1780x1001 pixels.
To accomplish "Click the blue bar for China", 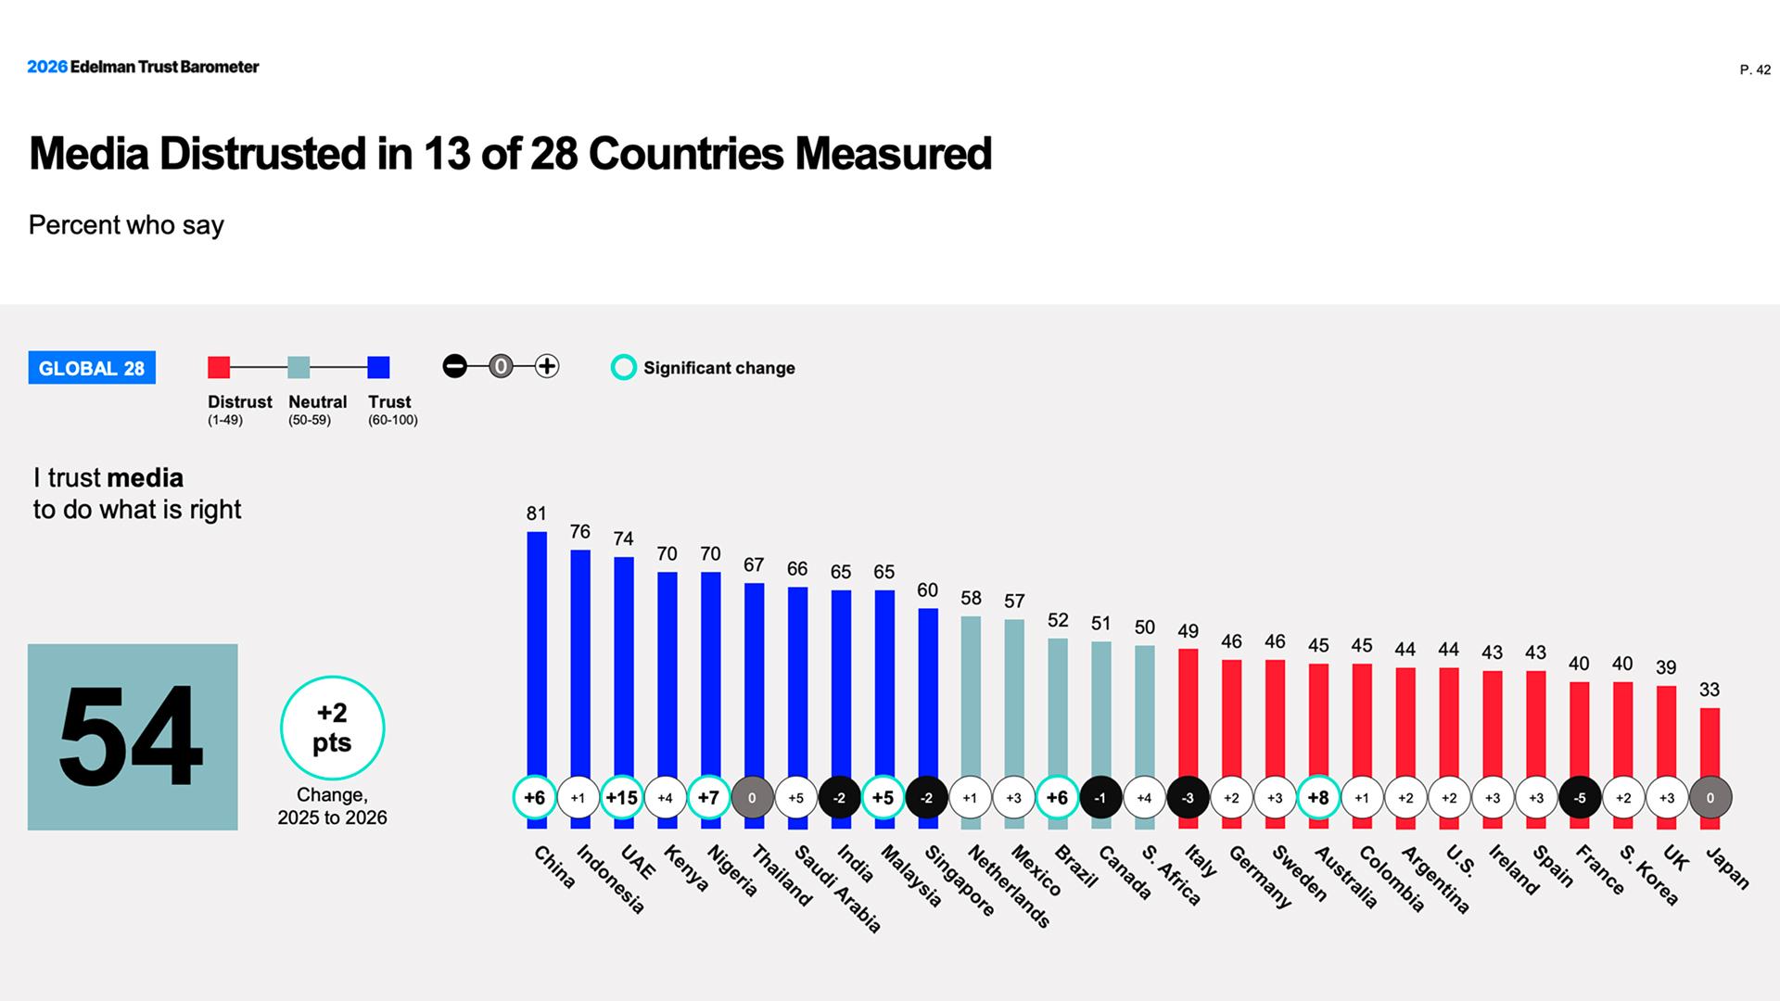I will coord(537,649).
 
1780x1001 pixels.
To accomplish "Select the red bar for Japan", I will coord(1710,741).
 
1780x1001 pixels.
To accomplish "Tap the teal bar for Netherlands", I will coord(971,695).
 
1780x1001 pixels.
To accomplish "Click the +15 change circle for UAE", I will coord(622,798).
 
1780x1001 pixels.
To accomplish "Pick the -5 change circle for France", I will coord(1580,798).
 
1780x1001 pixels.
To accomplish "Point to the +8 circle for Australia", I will coord(1317,798).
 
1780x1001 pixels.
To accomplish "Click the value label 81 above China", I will coord(537,513).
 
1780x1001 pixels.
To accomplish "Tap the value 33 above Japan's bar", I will coord(1710,690).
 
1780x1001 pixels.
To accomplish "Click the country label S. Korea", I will coord(1648,875).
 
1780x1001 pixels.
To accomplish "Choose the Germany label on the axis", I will coord(1260,876).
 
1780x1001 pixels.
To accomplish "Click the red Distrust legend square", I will coord(219,367).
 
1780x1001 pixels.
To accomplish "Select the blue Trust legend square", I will coord(378,367).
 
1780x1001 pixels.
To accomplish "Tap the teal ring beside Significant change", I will coord(624,368).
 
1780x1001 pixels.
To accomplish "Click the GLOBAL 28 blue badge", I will coord(92,368).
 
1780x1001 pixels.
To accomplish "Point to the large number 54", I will coord(132,737).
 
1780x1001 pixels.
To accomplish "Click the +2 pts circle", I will coord(332,728).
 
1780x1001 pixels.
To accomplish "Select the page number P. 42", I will coord(1755,70).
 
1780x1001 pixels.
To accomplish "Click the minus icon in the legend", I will coord(455,366).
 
